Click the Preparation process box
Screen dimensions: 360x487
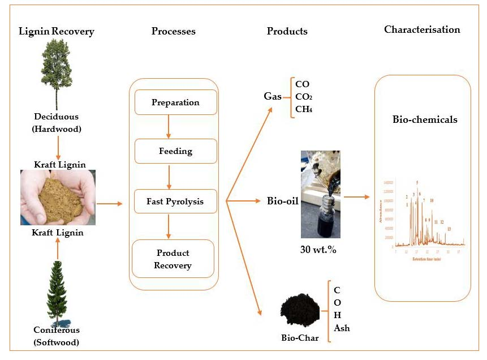tap(175, 102)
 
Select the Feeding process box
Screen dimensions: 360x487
tap(175, 151)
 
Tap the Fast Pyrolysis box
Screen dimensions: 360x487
tap(175, 201)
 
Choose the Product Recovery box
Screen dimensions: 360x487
tap(173, 259)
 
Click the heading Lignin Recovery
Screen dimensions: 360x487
tap(57, 32)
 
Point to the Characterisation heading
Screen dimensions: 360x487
tap(422, 29)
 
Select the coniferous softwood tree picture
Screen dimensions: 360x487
tap(57, 292)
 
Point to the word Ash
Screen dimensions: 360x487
tap(342, 328)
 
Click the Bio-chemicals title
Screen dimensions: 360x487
tap(425, 120)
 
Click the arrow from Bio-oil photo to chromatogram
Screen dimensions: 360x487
tap(356, 198)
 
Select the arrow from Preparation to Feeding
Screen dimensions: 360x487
tap(169, 127)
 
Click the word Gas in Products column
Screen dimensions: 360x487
tap(273, 96)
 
